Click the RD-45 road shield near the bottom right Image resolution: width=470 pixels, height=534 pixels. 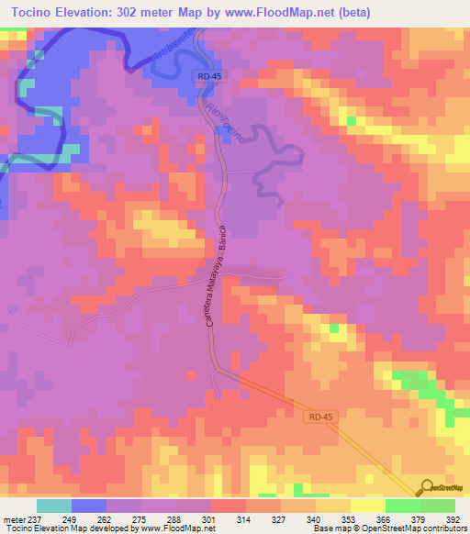click(x=318, y=417)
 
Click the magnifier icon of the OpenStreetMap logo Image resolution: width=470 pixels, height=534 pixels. click(x=427, y=487)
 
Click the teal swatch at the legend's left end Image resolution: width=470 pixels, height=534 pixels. click(x=54, y=506)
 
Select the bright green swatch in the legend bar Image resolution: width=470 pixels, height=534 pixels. click(x=402, y=506)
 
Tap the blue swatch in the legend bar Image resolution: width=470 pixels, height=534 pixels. click(x=89, y=506)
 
